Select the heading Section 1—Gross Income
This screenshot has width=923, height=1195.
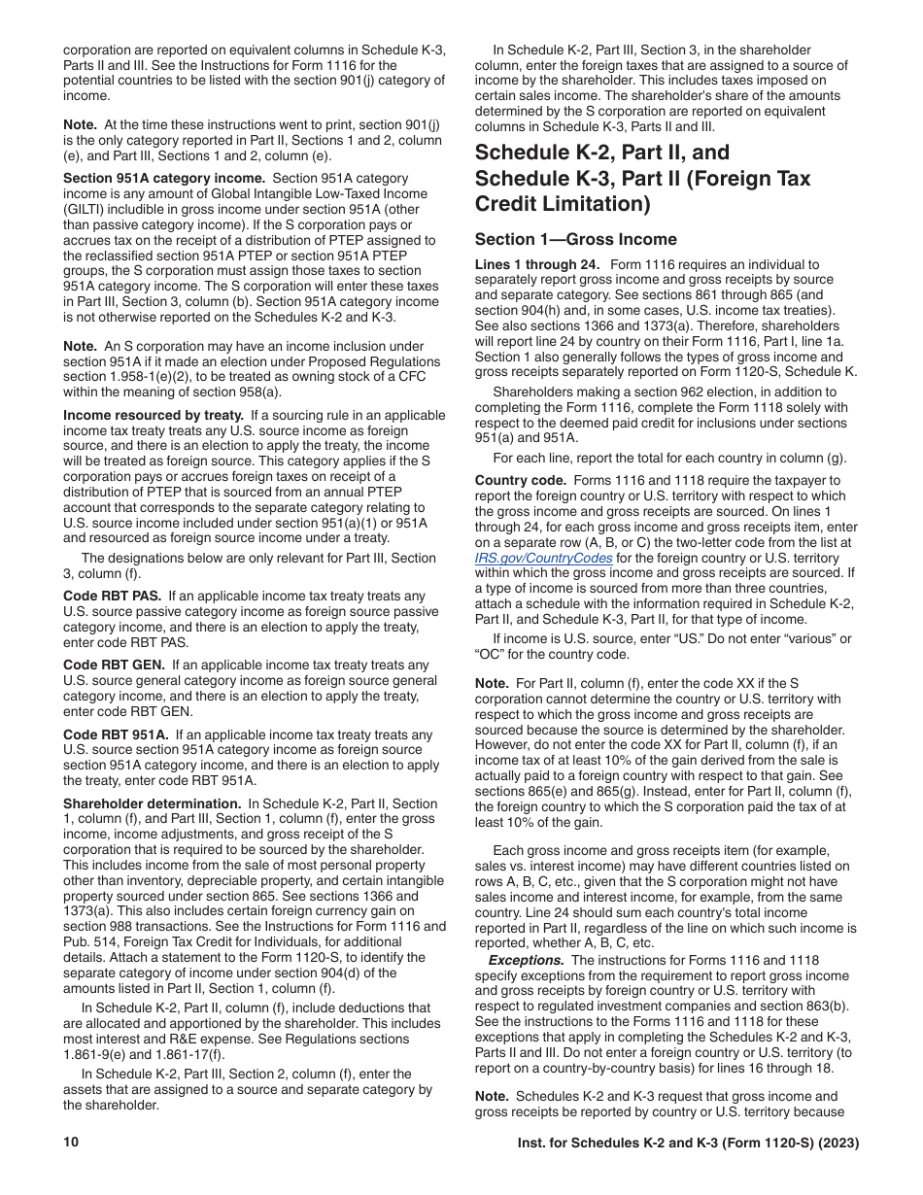[576, 240]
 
